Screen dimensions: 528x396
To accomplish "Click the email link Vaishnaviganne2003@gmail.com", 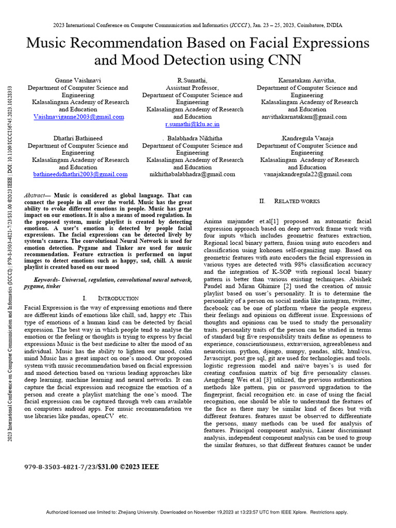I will tap(78, 117).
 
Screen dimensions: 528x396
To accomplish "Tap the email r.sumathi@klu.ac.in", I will tap(192, 124).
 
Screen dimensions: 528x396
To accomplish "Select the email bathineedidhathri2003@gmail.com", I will tap(80, 174).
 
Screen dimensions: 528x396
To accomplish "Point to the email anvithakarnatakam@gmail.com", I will tap(307, 117).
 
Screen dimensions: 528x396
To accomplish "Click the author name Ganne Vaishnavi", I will tap(78, 80).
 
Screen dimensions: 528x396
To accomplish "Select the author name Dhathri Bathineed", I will tap(78, 138).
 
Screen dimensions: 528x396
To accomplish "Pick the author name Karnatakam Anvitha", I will tap(307, 80).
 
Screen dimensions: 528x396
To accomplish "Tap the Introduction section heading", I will tap(118, 298).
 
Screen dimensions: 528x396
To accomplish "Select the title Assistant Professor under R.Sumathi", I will tap(192, 88).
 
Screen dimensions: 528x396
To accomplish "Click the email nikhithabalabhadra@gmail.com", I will tap(192, 174).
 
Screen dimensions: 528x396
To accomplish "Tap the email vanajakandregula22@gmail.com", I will tap(307, 174).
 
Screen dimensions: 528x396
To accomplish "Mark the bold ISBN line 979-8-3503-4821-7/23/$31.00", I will tap(92, 467).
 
